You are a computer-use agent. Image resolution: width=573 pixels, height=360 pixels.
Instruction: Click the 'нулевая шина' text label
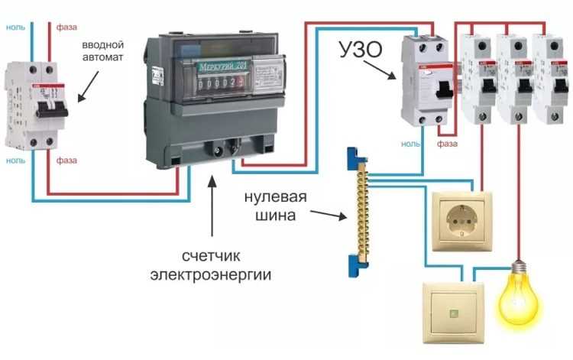tap(276, 206)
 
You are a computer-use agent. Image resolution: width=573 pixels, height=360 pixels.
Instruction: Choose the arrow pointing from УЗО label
tap(380, 70)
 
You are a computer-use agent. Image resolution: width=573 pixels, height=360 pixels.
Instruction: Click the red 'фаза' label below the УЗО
tap(447, 143)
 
